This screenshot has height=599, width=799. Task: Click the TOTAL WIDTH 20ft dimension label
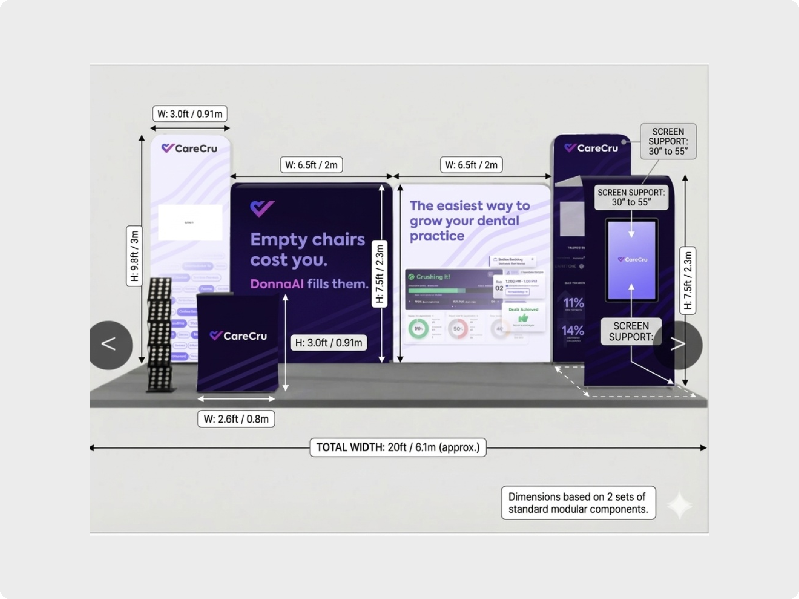[x=398, y=447]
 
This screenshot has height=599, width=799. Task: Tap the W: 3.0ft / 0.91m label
[x=190, y=114]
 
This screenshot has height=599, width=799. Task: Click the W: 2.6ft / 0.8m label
[x=236, y=419]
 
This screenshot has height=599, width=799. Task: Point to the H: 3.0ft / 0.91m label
[x=328, y=343]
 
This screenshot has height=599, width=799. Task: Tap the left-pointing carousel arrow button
[x=109, y=345]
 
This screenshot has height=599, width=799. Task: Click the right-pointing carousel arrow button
[x=678, y=345]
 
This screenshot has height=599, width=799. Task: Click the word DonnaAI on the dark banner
[x=277, y=284]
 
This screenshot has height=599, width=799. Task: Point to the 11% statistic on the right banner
[x=574, y=303]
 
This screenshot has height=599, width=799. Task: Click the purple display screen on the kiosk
[x=631, y=260]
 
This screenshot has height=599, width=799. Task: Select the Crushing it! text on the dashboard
[x=433, y=277]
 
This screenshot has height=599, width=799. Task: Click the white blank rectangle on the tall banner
[x=190, y=222]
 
